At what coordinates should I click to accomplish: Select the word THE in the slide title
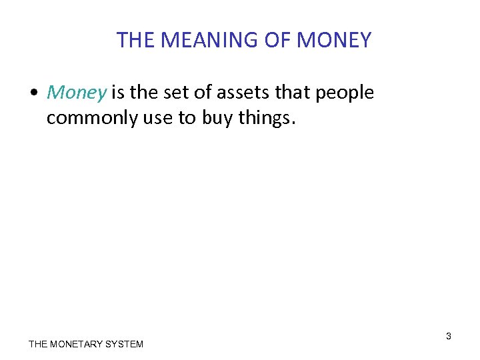point(136,41)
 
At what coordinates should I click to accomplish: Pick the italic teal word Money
point(76,93)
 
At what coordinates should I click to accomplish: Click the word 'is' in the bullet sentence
point(118,93)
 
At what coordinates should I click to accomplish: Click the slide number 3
point(449,336)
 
